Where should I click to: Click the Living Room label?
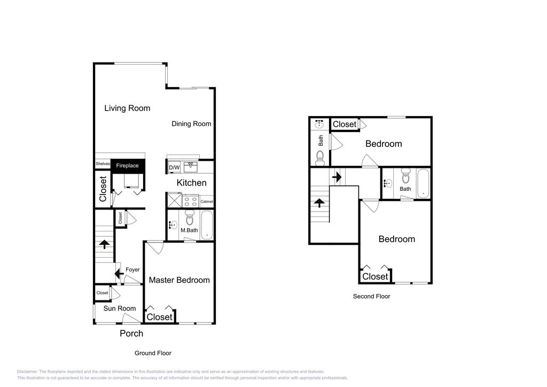click(x=127, y=108)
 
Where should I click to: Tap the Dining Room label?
click(x=191, y=123)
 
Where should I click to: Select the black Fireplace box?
click(x=127, y=166)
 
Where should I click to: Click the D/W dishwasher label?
click(x=174, y=168)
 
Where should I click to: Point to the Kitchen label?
click(x=191, y=183)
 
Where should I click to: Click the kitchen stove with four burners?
click(x=191, y=202)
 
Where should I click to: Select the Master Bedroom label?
click(x=179, y=280)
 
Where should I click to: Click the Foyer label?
click(x=132, y=269)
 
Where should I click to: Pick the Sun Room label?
click(x=119, y=308)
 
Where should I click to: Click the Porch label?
click(x=131, y=334)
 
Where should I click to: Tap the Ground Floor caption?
click(x=152, y=353)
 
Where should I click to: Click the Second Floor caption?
click(x=371, y=296)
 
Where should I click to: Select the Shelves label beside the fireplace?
click(x=103, y=164)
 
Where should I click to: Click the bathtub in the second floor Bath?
click(x=423, y=183)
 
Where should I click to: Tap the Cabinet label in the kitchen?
click(x=207, y=202)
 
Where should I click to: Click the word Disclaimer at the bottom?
click(x=27, y=371)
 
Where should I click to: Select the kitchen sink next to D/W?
click(x=190, y=167)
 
